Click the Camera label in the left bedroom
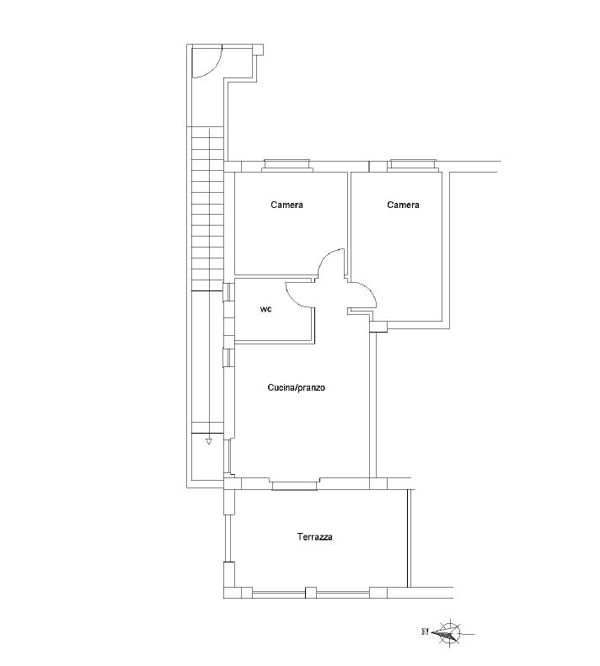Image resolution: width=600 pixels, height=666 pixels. pyautogui.click(x=287, y=205)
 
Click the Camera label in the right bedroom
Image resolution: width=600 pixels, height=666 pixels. pyautogui.click(x=403, y=205)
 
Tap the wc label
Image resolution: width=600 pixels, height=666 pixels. pyautogui.click(x=265, y=309)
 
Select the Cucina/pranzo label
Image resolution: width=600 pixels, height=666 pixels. pyautogui.click(x=296, y=387)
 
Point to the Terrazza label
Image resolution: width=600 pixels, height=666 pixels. pyautogui.click(x=314, y=537)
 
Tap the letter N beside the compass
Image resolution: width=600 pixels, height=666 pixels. pyautogui.click(x=425, y=631)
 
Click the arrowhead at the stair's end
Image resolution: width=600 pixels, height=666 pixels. pyautogui.click(x=208, y=442)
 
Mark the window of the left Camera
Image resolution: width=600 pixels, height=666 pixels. pyautogui.click(x=287, y=165)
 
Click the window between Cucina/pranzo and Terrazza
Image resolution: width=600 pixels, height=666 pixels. pyautogui.click(x=296, y=485)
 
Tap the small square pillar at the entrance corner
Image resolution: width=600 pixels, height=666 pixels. pyautogui.click(x=258, y=50)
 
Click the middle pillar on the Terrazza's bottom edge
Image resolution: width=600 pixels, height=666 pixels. pyautogui.click(x=311, y=593)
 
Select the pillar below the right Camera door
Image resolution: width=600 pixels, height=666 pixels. pyautogui.click(x=378, y=327)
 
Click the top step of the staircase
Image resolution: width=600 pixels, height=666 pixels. pyautogui.click(x=207, y=131)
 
